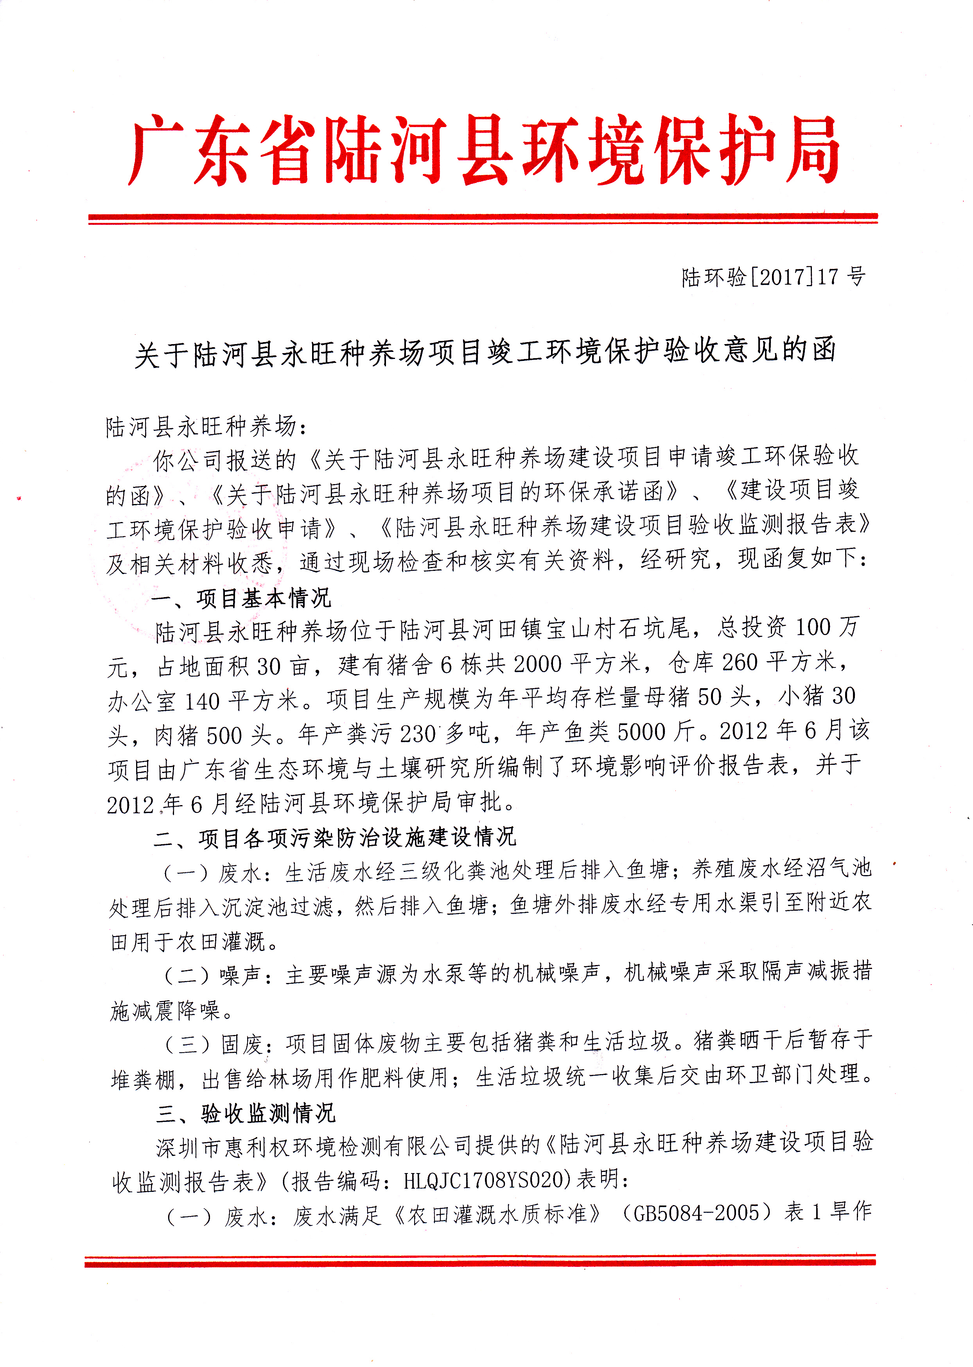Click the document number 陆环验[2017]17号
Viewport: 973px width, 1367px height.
tap(773, 277)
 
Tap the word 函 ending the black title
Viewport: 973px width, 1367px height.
tap(824, 350)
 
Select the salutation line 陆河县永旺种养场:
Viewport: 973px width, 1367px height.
tap(207, 427)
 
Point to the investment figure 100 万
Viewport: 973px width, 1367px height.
tap(827, 627)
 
